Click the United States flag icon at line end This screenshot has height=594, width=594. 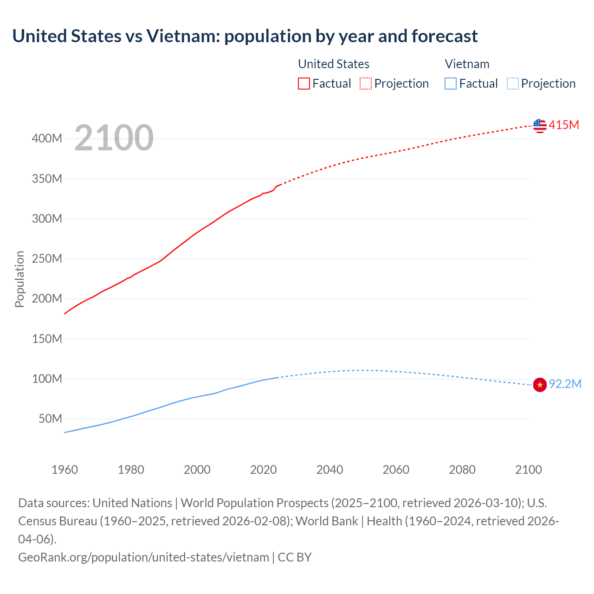tap(540, 125)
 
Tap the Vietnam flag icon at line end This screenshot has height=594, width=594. tap(540, 385)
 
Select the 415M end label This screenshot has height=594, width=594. tap(564, 125)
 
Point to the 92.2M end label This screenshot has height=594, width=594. tap(565, 384)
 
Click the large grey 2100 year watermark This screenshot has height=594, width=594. tap(114, 138)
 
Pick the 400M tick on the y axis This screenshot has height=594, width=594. tap(47, 139)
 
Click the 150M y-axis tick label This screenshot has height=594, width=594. tap(47, 339)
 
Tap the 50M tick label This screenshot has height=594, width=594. tap(50, 419)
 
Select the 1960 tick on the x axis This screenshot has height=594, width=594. tap(65, 470)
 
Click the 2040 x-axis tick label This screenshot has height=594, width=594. tap(329, 470)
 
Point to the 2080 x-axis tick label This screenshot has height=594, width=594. tap(462, 470)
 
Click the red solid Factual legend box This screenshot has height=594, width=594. tap(303, 84)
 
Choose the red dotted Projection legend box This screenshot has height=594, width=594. tap(366, 84)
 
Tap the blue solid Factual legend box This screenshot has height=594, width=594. tap(450, 84)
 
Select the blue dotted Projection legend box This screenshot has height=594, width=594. tap(512, 84)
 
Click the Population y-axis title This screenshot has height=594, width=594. tap(19, 279)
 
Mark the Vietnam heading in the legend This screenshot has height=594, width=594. tap(467, 64)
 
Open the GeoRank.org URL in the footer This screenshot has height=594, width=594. tap(143, 557)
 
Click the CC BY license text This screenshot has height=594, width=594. tap(295, 557)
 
